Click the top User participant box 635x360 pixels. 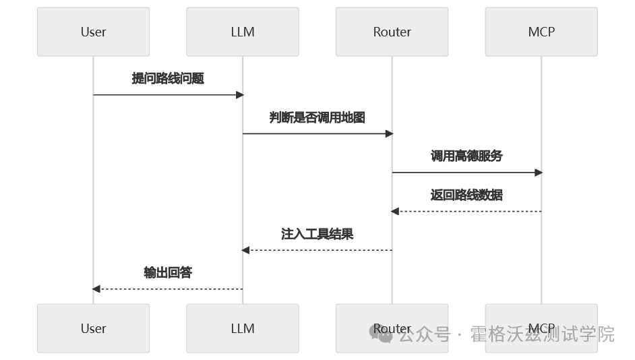(x=93, y=32)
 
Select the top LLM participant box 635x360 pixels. (x=243, y=32)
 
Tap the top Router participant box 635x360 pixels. (x=392, y=32)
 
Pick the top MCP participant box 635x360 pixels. (x=541, y=32)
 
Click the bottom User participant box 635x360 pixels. (x=93, y=328)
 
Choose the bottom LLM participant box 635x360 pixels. (x=243, y=328)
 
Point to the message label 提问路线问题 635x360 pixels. (x=168, y=78)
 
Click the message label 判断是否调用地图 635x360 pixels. (x=317, y=117)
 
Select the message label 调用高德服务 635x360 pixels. (x=466, y=156)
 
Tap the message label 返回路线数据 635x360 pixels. (x=466, y=195)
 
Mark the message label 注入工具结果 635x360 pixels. (x=317, y=234)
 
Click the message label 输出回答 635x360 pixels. (x=168, y=272)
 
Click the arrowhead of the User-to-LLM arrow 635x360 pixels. (x=239, y=95)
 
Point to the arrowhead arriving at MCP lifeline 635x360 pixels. (x=538, y=173)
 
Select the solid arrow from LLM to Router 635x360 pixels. (x=317, y=133)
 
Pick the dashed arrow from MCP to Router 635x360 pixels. (x=466, y=212)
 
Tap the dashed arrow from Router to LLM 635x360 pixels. (x=317, y=250)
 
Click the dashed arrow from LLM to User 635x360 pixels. (x=168, y=289)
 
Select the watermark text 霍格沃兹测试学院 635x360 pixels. (x=542, y=334)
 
